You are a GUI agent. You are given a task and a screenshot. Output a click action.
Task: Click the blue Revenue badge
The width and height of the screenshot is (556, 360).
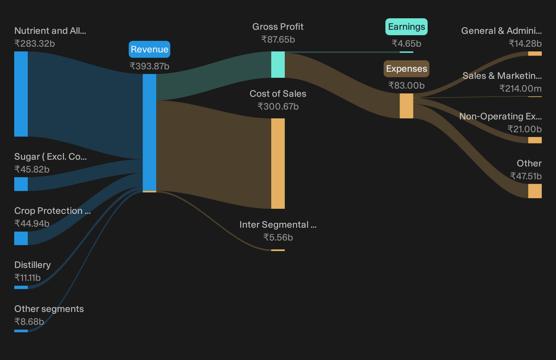(149, 49)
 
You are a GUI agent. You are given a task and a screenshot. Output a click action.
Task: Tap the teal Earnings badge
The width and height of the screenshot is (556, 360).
(406, 27)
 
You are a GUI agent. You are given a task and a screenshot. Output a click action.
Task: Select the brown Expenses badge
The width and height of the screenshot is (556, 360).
(406, 69)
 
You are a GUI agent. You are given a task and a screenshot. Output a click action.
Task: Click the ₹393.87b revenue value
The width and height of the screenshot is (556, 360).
(149, 66)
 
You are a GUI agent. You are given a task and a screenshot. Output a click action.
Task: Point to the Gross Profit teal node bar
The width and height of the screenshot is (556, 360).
(278, 65)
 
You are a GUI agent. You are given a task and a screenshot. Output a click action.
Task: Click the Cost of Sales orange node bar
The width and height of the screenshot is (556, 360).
(278, 163)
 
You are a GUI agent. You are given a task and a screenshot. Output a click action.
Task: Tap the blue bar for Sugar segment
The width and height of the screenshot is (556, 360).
(21, 184)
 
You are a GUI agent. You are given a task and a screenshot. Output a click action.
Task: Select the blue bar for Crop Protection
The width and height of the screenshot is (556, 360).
(21, 238)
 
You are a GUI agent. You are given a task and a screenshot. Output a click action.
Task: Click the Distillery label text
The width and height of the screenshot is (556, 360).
(33, 265)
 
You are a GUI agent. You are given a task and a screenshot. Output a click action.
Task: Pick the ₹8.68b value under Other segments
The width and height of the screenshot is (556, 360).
(29, 322)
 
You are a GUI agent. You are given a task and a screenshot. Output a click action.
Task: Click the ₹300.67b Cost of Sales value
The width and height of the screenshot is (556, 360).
(278, 107)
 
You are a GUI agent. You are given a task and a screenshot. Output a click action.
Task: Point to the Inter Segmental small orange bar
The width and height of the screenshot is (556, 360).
(278, 250)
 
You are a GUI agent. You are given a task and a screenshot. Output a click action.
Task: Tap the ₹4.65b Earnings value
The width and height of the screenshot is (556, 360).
(406, 44)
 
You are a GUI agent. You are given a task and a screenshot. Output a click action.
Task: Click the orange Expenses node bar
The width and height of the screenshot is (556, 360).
(406, 106)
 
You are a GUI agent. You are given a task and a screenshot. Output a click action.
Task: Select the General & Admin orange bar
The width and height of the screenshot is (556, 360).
(535, 53)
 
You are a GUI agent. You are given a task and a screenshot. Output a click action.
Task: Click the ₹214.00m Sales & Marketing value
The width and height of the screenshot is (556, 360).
(520, 89)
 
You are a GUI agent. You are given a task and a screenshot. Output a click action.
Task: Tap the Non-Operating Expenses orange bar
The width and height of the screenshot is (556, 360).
(535, 140)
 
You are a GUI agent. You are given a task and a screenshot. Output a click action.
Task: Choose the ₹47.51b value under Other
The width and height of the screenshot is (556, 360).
(526, 176)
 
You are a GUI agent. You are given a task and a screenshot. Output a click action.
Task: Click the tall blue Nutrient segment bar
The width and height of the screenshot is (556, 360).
(21, 94)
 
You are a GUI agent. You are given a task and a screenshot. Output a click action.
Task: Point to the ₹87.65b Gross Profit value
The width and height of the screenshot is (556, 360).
(278, 40)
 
